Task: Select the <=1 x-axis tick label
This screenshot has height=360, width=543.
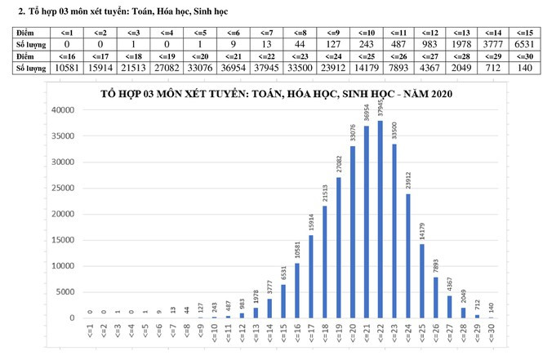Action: (x=91, y=334)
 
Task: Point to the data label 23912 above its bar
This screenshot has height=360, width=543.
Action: (x=408, y=179)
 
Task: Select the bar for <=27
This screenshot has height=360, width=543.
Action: (x=450, y=306)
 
